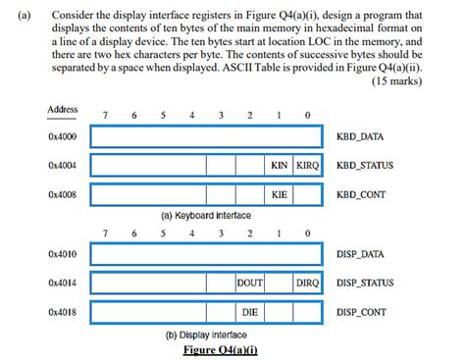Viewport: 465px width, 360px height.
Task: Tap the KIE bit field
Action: click(x=280, y=194)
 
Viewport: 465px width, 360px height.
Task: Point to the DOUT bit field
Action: click(x=250, y=283)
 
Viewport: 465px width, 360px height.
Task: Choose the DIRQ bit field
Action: click(x=307, y=283)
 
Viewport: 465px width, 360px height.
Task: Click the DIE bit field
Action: click(x=250, y=313)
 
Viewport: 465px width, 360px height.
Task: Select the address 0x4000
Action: click(x=62, y=136)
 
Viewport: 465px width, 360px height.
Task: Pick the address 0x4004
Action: click(x=62, y=165)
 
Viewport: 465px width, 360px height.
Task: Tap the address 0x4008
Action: click(x=62, y=194)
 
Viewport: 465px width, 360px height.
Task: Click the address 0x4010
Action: click(x=62, y=254)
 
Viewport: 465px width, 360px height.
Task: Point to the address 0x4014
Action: click(x=62, y=283)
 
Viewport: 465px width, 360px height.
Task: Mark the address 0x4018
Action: click(x=62, y=313)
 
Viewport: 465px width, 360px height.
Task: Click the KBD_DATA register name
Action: click(x=360, y=136)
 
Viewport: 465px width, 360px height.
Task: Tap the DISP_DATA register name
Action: click(x=361, y=254)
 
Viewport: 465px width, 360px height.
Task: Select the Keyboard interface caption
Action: click(x=207, y=214)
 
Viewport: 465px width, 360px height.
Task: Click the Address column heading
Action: click(x=62, y=108)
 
